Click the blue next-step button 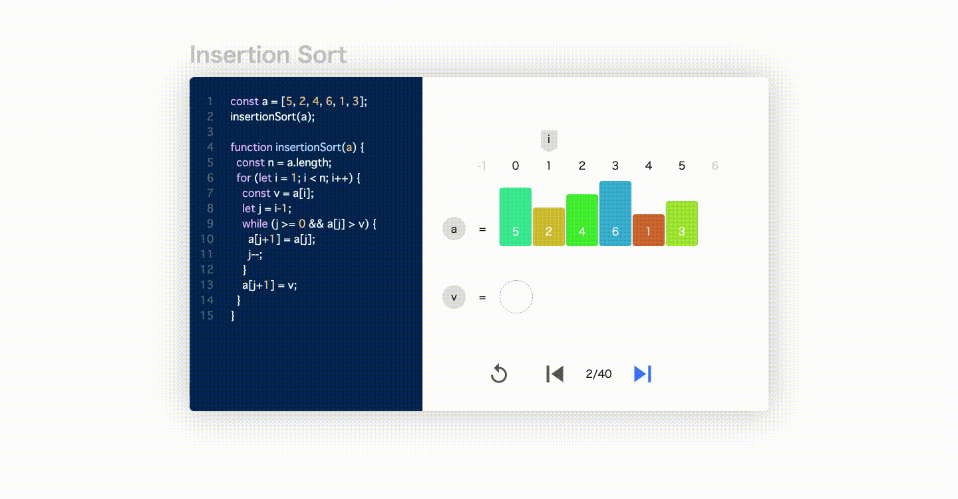[643, 374]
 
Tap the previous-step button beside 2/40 [555, 374]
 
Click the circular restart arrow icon [499, 374]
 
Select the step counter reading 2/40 [598, 374]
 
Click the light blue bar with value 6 [615, 214]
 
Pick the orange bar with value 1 [649, 230]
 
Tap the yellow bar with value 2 [549, 227]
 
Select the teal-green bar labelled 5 [516, 217]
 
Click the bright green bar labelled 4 [581, 220]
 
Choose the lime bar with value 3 [682, 224]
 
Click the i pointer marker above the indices [549, 140]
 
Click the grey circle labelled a [454, 229]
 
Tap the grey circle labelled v [454, 297]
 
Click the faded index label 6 [715, 166]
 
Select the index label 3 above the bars [615, 166]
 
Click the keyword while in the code [255, 224]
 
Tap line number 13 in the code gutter [206, 285]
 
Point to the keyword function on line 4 [251, 147]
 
